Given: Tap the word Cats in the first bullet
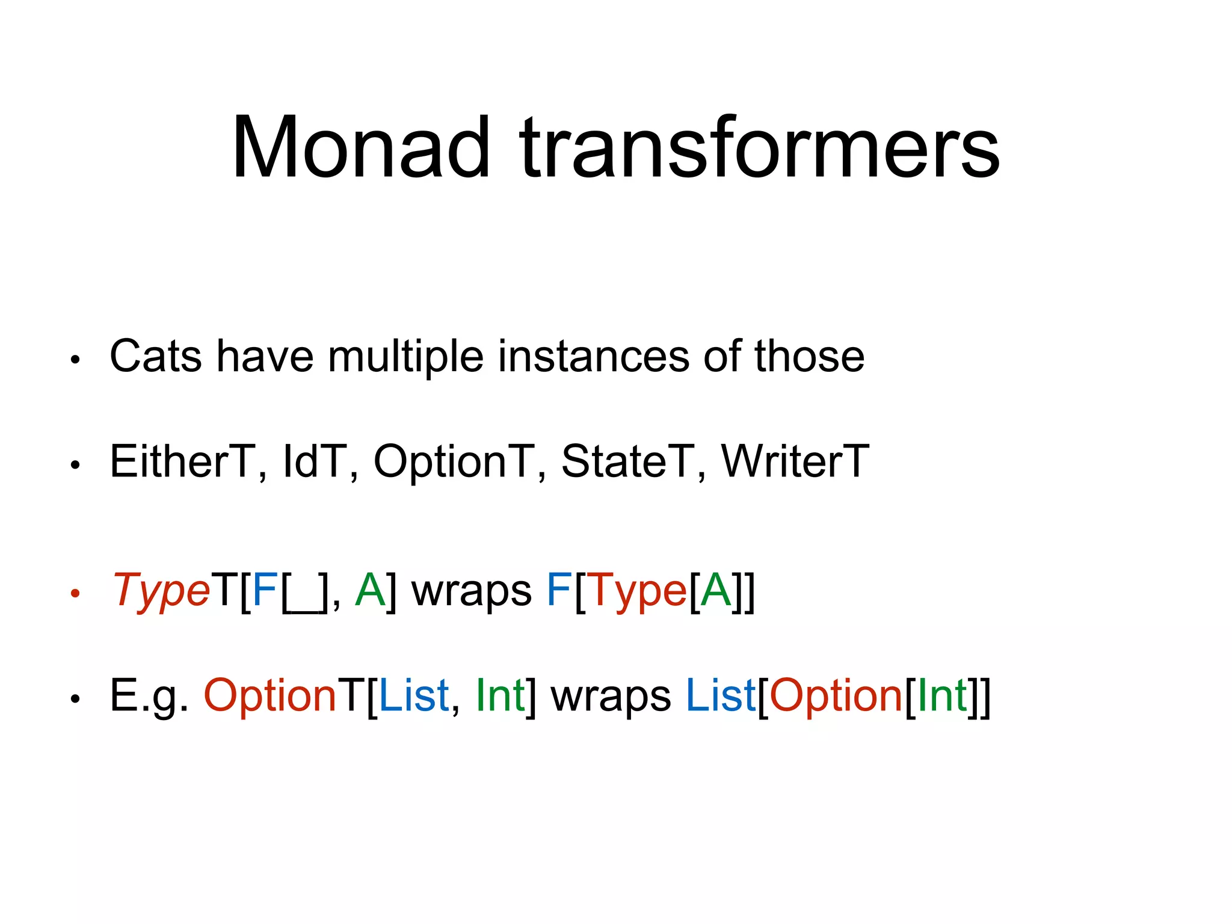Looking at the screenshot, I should [x=155, y=356].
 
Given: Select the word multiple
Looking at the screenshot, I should [x=405, y=356].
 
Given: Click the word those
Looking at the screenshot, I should [x=809, y=356].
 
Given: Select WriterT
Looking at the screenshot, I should [x=795, y=461].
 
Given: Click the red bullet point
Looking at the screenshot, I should [x=75, y=594].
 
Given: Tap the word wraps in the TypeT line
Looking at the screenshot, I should [x=471, y=591].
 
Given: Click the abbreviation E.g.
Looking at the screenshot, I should [x=149, y=696].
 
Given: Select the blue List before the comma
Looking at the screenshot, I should [x=414, y=696].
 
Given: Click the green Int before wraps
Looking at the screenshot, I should [x=499, y=696].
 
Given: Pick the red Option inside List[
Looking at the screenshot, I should [x=836, y=696].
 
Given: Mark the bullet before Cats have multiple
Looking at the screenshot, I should [x=75, y=360].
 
